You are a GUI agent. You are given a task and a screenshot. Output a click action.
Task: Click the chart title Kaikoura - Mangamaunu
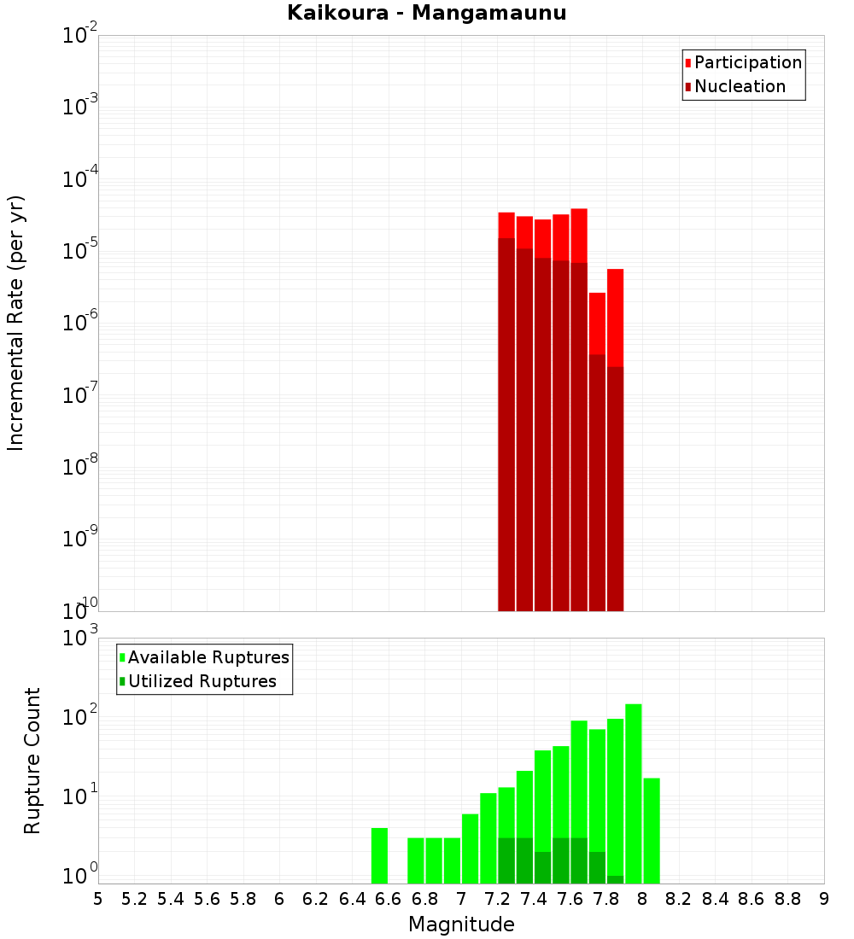pos(427,13)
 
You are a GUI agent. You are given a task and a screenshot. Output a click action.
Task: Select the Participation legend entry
pos(743,62)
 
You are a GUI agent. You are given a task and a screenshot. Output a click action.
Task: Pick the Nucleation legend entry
pos(735,86)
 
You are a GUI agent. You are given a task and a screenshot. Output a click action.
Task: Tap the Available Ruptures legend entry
pos(204,657)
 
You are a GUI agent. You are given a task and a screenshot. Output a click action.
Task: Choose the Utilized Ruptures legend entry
pos(198,681)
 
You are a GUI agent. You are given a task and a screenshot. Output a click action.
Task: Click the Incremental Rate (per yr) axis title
pos(15,324)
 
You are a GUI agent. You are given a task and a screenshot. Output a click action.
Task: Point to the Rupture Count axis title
pos(32,761)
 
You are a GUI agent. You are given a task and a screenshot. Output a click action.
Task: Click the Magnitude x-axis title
pos(461,924)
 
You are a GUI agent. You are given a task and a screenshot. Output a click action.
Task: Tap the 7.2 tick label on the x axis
pos(497,899)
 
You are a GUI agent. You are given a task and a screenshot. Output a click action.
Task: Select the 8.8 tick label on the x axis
pos(787,899)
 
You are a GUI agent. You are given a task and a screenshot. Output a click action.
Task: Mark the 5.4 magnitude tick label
pos(171,899)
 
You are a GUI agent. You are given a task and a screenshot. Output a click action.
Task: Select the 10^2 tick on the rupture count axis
pos(79,715)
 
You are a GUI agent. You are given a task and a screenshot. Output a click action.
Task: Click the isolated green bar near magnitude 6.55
pos(379,855)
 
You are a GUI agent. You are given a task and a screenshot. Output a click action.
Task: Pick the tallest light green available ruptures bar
pos(634,794)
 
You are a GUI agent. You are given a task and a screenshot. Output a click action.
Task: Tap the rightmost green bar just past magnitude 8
pos(652,831)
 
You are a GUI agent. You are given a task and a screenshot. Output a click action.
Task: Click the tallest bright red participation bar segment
pos(579,236)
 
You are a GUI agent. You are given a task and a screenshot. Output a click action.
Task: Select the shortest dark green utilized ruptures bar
pos(616,879)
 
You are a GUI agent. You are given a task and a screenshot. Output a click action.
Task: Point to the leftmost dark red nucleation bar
pos(506,424)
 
